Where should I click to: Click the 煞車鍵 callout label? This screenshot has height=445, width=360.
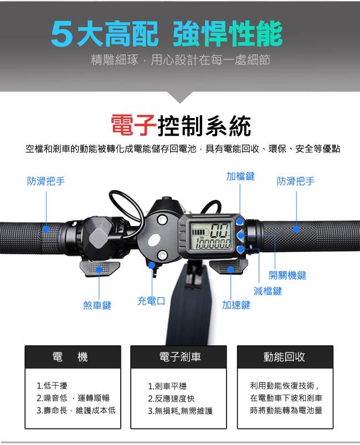coord(97,305)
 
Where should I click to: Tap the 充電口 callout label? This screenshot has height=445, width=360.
coord(151,301)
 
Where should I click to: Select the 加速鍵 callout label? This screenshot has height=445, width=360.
coord(236,305)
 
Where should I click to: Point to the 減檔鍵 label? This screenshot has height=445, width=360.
coord(268,291)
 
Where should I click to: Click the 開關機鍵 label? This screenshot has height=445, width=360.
coord(287,275)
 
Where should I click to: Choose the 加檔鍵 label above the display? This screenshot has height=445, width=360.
coord(240,176)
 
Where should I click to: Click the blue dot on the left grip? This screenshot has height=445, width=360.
coord(46,229)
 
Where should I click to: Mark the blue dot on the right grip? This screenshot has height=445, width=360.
coord(296,229)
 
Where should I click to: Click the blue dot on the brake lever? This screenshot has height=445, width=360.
coord(99,269)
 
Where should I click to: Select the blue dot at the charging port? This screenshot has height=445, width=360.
coord(152,265)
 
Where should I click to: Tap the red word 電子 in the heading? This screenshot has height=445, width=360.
coord(133,125)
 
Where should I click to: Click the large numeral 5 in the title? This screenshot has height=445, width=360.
coord(61,33)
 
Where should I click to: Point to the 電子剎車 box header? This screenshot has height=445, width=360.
coord(178,357)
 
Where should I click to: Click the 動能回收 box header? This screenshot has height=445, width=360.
coord(285,357)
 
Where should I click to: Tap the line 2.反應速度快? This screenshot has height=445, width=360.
coord(171,398)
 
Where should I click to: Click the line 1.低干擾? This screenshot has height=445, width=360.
coord(52,386)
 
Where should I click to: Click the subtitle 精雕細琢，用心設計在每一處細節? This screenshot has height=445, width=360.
coord(181,60)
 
